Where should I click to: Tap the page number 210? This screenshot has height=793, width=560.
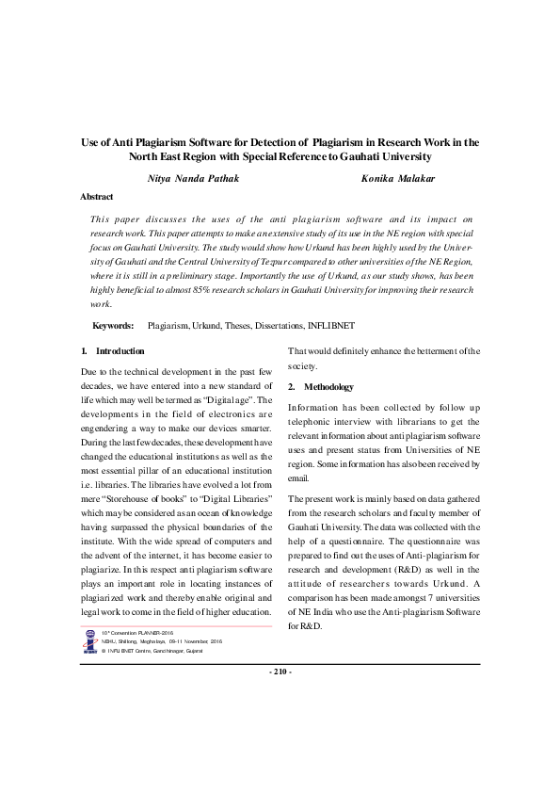(280, 672)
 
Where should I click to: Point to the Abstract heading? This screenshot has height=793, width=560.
(97, 197)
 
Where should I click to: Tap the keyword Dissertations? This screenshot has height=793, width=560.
(277, 325)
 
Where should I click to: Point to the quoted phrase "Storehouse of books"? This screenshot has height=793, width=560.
(142, 497)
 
